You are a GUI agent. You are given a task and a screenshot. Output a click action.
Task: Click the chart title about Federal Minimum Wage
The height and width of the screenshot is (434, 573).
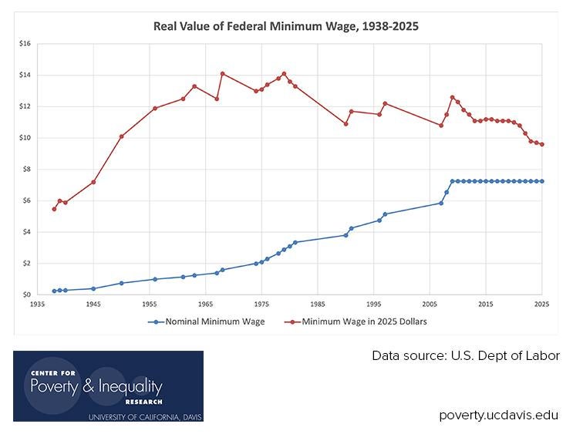(x=285, y=26)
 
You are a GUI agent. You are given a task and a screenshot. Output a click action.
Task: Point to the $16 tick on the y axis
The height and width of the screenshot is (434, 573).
(x=24, y=44)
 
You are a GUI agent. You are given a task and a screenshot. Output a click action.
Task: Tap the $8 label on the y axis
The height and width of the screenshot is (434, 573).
(x=25, y=170)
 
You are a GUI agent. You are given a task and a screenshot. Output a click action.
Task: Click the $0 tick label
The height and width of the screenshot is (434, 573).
(x=25, y=294)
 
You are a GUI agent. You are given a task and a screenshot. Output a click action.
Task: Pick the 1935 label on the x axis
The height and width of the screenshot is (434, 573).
(x=37, y=304)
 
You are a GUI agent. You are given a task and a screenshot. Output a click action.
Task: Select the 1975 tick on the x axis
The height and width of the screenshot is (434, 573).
(x=261, y=304)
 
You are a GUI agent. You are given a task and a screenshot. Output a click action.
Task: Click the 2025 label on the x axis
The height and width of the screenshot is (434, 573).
(x=542, y=304)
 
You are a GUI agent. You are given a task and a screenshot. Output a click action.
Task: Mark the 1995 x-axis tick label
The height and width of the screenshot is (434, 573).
(x=374, y=304)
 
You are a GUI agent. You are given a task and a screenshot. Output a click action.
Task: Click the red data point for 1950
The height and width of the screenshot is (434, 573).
(x=121, y=136)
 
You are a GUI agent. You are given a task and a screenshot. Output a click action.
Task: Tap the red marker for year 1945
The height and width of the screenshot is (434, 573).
(x=93, y=182)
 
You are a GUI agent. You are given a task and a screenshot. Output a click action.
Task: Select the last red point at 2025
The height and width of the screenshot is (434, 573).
(x=542, y=144)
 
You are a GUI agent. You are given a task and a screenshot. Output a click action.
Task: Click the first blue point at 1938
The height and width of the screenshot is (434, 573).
(x=54, y=291)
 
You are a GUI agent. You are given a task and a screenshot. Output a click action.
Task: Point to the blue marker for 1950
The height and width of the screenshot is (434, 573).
(x=121, y=283)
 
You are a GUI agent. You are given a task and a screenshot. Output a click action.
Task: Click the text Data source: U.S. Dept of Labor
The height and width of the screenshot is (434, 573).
(x=466, y=355)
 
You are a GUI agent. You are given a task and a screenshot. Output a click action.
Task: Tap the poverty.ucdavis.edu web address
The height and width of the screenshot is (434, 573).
(x=499, y=415)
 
